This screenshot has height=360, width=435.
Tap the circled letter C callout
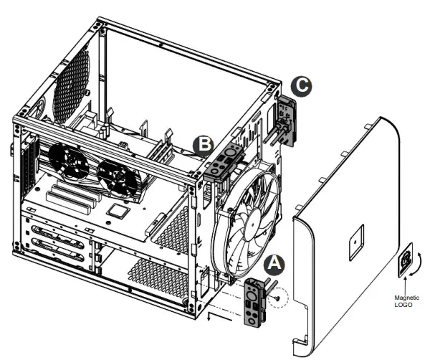tap(303, 87)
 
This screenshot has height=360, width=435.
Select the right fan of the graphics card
tap(115, 176)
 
